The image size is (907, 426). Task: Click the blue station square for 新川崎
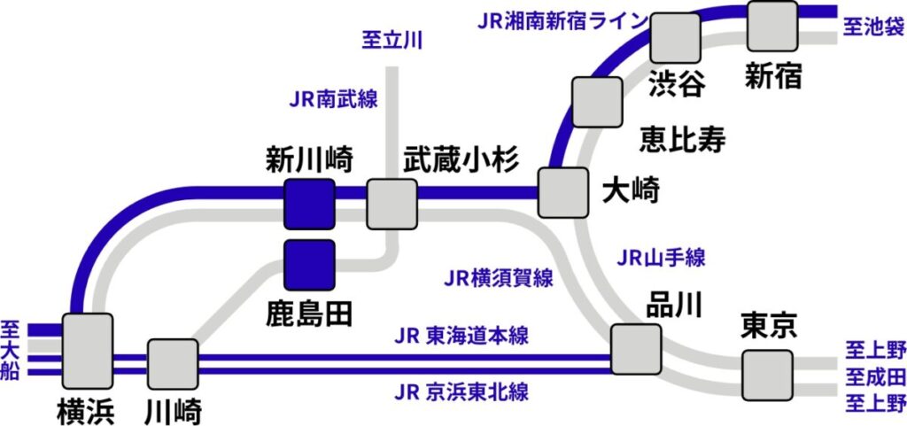pyautogui.click(x=309, y=203)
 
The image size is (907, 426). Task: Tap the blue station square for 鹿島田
pyautogui.click(x=309, y=264)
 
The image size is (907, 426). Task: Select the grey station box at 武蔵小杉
pyautogui.click(x=391, y=203)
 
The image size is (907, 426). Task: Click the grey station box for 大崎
pyautogui.click(x=563, y=191)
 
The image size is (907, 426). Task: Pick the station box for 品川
pyautogui.click(x=636, y=349)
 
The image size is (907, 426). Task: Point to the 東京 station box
pyautogui.click(x=767, y=375)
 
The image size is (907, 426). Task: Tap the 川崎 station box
pyautogui.click(x=173, y=363)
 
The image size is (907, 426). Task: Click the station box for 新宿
pyautogui.click(x=772, y=26)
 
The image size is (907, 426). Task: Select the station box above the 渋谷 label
pyautogui.click(x=675, y=38)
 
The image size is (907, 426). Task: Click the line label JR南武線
pyautogui.click(x=333, y=98)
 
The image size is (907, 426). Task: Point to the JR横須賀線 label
pyautogui.click(x=499, y=278)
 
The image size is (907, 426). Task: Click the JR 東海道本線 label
pyautogui.click(x=461, y=337)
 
